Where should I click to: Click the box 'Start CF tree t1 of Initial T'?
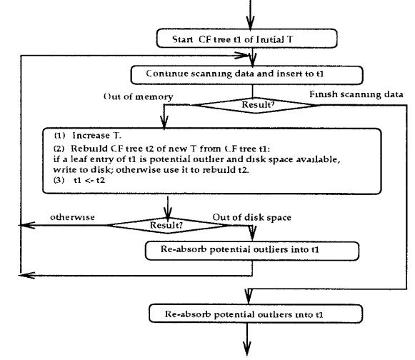click(246, 39)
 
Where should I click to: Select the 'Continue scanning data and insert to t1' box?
click(246, 75)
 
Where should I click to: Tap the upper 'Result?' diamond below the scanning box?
click(256, 105)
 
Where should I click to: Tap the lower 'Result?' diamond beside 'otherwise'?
click(168, 226)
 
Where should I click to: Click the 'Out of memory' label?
click(138, 96)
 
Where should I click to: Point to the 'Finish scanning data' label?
click(356, 94)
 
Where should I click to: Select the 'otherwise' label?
click(72, 217)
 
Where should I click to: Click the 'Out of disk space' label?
click(252, 217)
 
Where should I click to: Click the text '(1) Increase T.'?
click(88, 136)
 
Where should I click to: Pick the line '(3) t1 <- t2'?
click(79, 180)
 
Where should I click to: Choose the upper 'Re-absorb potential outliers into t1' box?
click(252, 251)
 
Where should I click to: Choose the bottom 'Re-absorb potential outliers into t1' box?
click(256, 314)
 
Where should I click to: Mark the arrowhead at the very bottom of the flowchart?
click(247, 349)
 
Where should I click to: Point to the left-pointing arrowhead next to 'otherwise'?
click(27, 225)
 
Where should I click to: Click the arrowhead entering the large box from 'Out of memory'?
click(164, 123)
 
